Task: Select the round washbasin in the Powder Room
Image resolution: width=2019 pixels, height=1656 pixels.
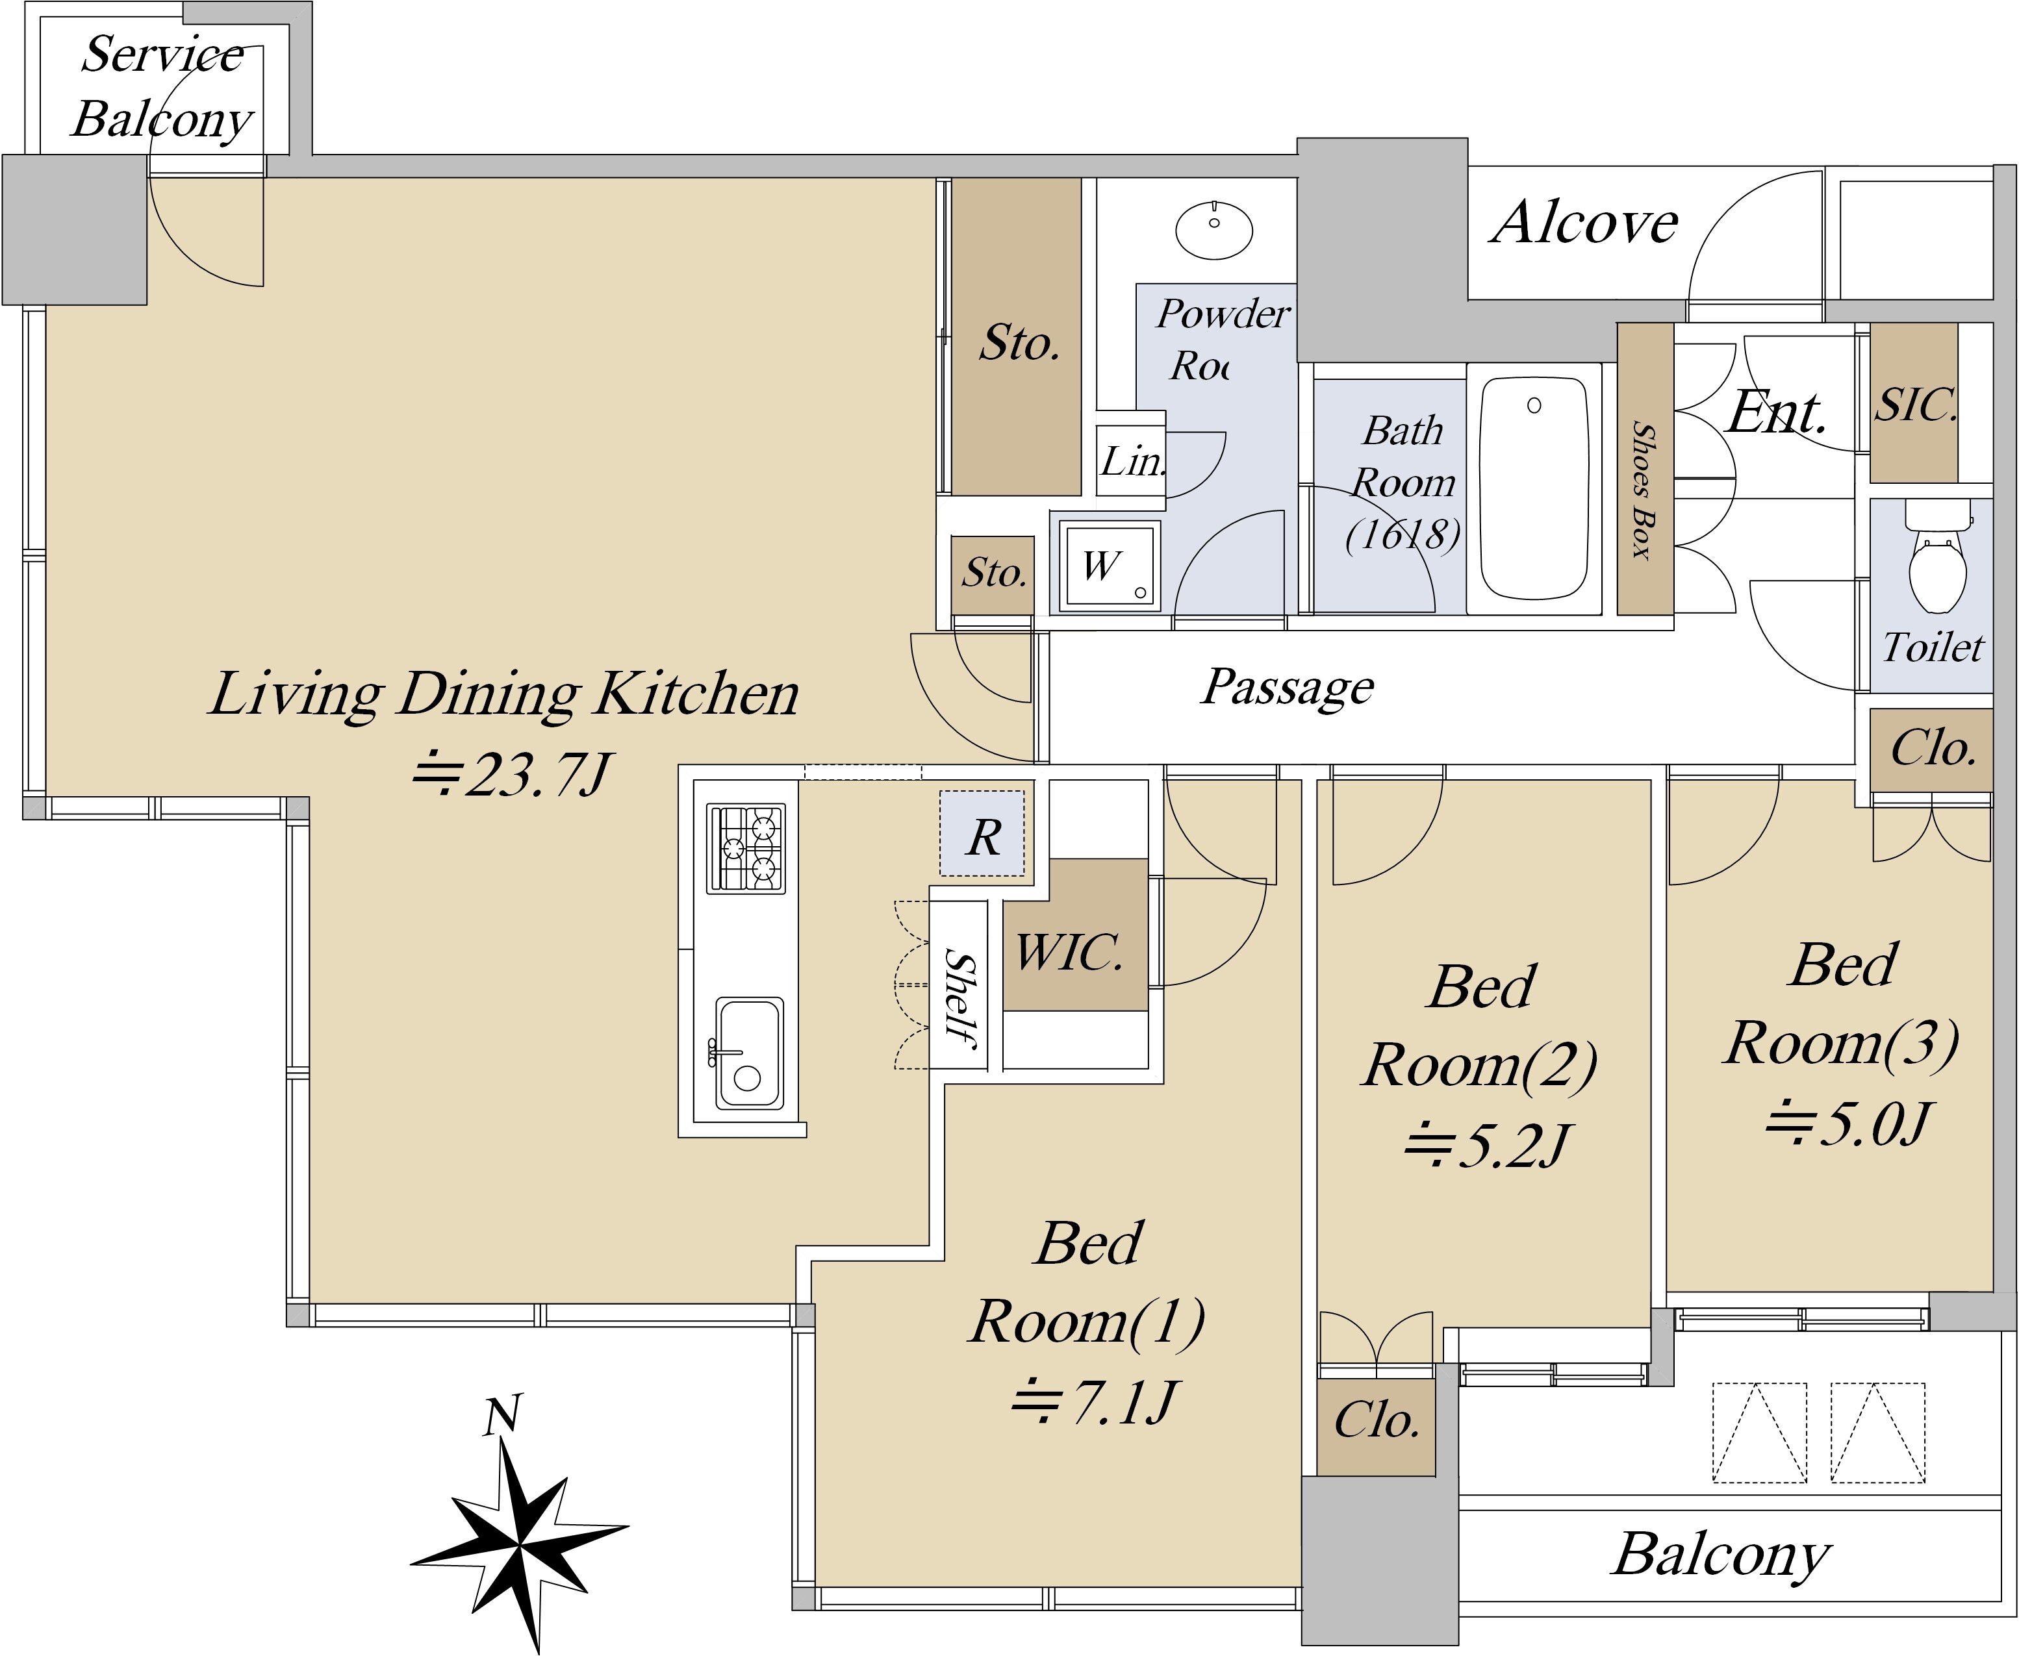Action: point(1213,229)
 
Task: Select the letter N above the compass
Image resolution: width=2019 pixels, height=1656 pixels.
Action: point(502,1416)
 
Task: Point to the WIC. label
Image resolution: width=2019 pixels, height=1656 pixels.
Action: point(1070,952)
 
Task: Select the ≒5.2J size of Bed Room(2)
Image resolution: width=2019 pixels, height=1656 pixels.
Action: point(1486,1145)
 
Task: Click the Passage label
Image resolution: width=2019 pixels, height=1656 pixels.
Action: point(1287,686)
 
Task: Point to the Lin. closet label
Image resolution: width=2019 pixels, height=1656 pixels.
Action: point(1132,462)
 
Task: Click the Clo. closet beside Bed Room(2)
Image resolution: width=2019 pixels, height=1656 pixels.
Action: point(1377,1420)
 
